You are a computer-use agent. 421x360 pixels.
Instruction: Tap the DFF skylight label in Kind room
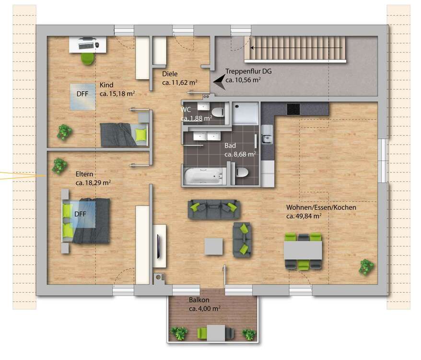(82, 94)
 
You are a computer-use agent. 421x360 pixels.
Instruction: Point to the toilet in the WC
(220, 112)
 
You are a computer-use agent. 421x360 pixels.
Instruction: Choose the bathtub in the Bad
(203, 176)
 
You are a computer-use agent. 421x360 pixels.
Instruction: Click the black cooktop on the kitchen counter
(293, 109)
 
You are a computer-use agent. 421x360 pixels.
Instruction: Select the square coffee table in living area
(214, 247)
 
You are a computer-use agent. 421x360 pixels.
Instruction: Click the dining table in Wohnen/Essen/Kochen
(303, 250)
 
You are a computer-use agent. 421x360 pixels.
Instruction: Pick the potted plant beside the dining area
(366, 266)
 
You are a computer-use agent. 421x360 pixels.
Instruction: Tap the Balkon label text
(199, 300)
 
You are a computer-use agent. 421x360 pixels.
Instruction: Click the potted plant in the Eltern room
(59, 166)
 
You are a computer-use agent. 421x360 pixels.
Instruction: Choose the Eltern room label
(84, 174)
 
